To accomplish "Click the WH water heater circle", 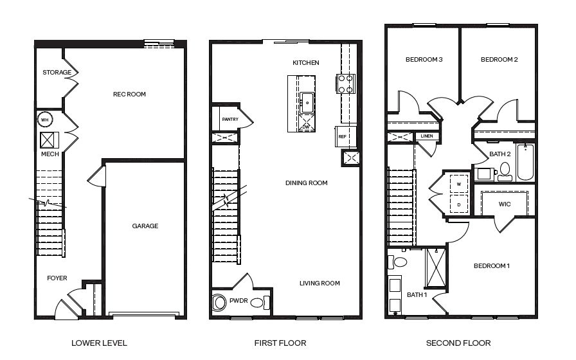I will pos(45,120).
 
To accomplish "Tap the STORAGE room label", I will pos(57,73).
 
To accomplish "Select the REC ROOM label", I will pos(129,94).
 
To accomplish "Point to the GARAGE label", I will pos(145,226).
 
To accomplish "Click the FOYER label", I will pos(57,278).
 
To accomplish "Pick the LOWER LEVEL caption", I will pos(98,343).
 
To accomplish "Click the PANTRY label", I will pos(230,120).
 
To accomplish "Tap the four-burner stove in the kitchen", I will pos(345,83).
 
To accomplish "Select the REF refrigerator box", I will pos(343,136).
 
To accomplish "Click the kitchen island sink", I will pos(307,100).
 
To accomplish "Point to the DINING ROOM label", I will pos(306,183).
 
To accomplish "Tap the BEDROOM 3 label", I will pos(424,60).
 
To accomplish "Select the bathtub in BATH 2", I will pos(525,162).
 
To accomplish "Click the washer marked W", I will pos(458,184).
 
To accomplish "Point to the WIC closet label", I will pos(505,204).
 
